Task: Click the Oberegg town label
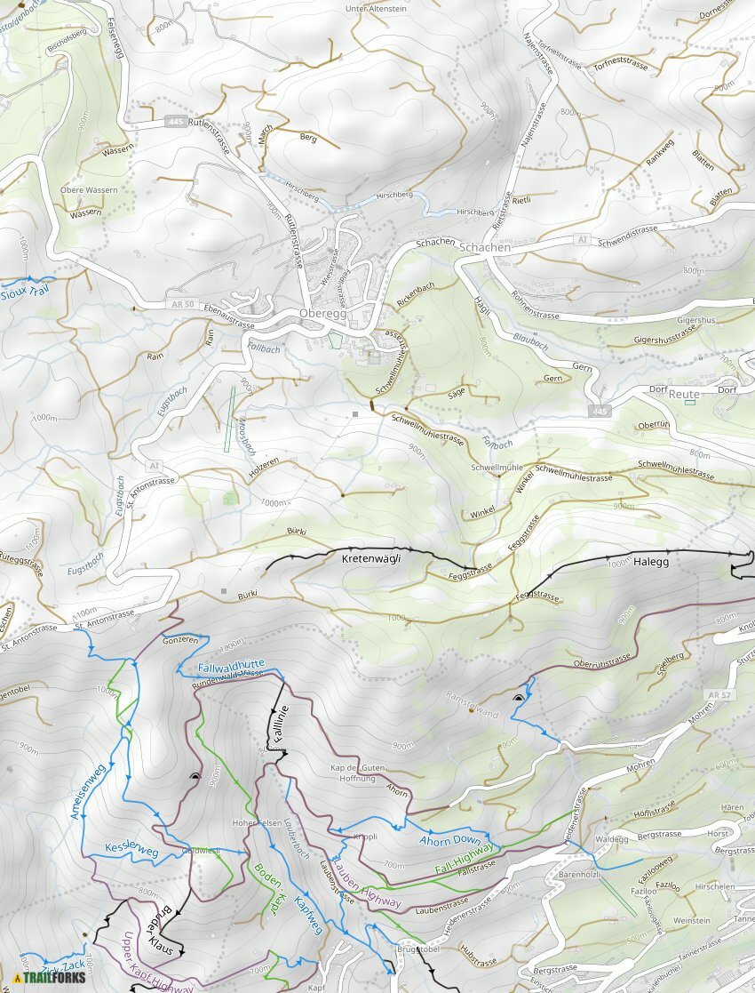[323, 315]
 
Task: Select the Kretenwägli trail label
[372, 559]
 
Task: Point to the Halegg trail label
[650, 562]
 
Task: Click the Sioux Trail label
[25, 292]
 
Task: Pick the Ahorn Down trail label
[449, 840]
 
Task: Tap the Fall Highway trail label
[465, 859]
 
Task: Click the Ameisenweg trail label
[87, 791]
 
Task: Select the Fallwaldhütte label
[232, 664]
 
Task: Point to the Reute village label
[684, 394]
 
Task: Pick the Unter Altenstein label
[376, 9]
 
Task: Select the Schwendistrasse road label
[628, 235]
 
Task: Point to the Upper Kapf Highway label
[151, 963]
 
